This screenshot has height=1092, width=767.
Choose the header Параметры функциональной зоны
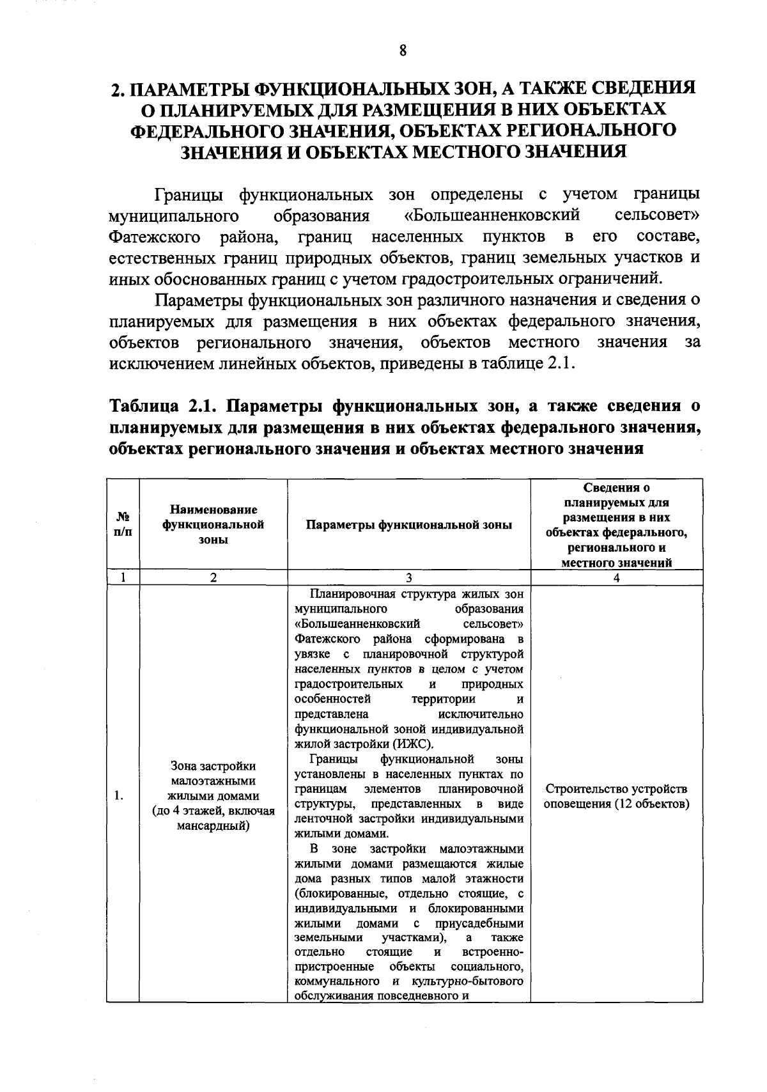click(x=409, y=525)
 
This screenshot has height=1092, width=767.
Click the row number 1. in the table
click(x=120, y=796)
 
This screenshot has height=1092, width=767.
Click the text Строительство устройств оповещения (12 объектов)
click(x=616, y=796)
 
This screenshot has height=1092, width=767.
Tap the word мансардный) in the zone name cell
click(x=213, y=826)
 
